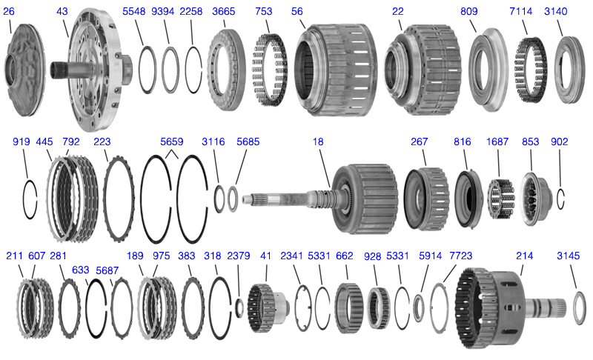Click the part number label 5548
click(x=133, y=11)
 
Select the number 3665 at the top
click(x=224, y=11)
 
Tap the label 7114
click(x=521, y=11)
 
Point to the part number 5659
click(x=172, y=141)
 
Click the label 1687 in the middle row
click(x=497, y=141)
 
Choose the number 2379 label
click(x=238, y=256)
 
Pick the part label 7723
click(x=460, y=256)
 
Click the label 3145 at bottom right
click(x=568, y=256)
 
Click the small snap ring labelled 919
click(x=24, y=199)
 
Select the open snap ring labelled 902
click(x=558, y=199)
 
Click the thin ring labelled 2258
click(x=187, y=70)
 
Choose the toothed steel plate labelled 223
click(x=105, y=199)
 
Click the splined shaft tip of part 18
click(x=246, y=199)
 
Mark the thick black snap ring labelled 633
click(x=87, y=308)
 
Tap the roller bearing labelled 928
click(x=379, y=308)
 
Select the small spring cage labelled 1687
click(x=501, y=199)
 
